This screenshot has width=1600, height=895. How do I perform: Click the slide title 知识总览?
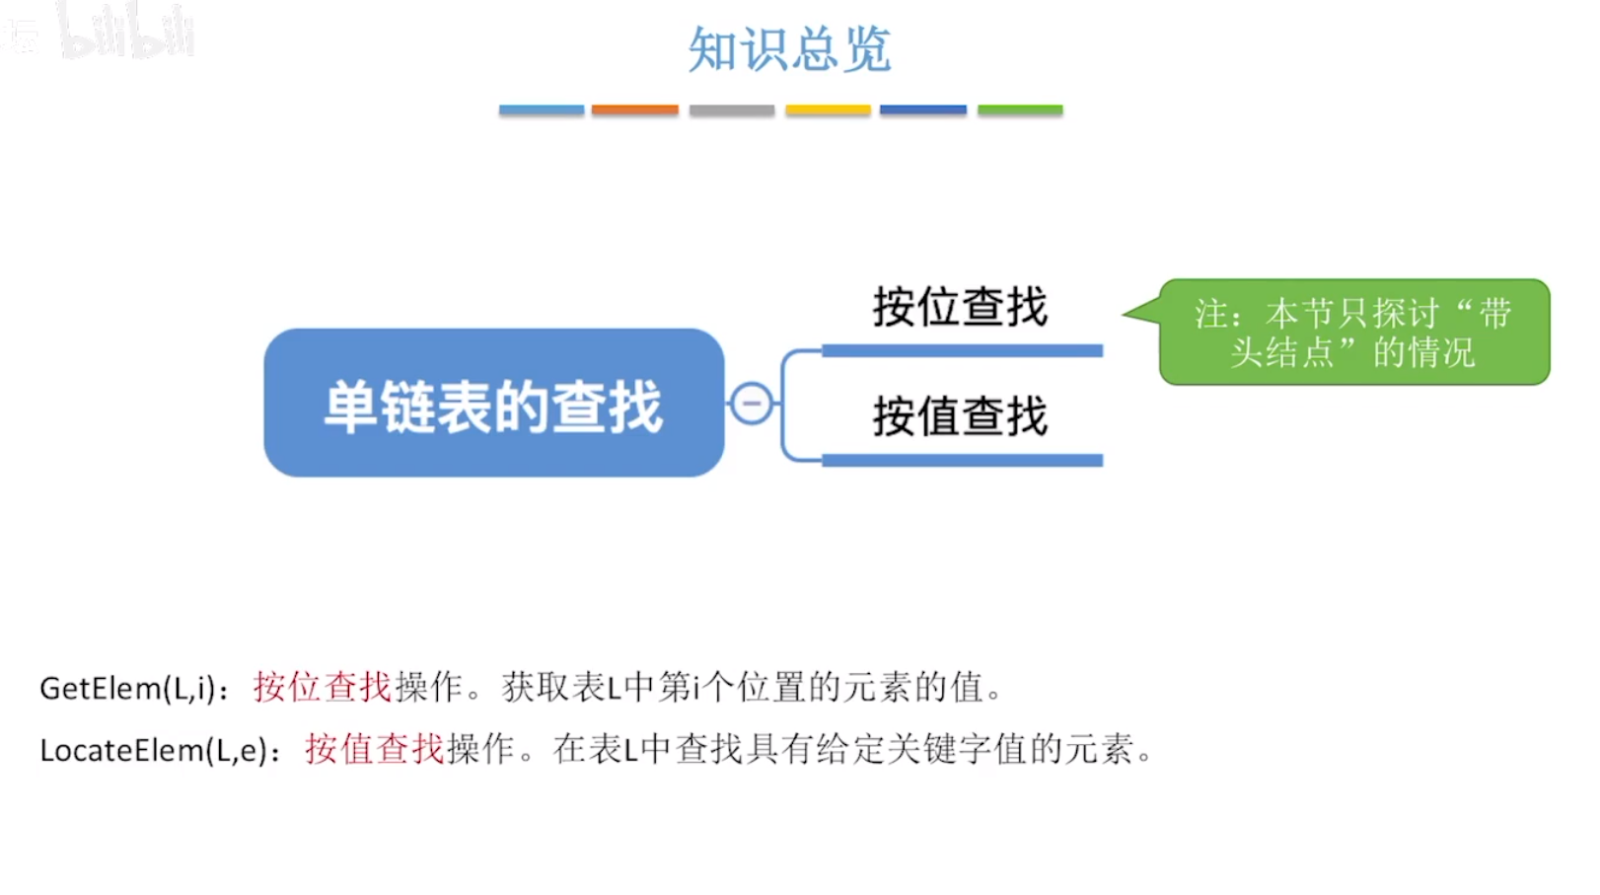click(x=789, y=49)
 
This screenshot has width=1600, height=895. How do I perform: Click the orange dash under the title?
click(x=634, y=110)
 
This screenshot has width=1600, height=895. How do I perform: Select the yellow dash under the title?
click(x=828, y=110)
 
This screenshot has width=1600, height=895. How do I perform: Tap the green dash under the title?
click(x=1020, y=110)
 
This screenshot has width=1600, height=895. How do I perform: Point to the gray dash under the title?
click(x=731, y=110)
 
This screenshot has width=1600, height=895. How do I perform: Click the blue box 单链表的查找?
click(x=493, y=404)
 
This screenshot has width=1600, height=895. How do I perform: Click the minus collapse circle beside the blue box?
click(x=752, y=404)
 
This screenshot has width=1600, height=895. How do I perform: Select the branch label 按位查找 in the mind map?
click(x=960, y=307)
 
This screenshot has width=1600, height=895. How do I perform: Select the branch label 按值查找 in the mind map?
click(x=960, y=416)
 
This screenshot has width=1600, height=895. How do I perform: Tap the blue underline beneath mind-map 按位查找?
click(x=962, y=351)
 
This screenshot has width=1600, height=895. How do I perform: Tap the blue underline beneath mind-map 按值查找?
click(x=962, y=460)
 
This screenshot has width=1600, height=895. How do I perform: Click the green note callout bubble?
click(x=1353, y=333)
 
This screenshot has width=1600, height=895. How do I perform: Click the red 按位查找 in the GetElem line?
click(x=323, y=687)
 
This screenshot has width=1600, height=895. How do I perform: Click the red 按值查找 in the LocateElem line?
click(x=375, y=750)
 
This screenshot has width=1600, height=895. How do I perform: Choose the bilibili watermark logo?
click(x=126, y=32)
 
